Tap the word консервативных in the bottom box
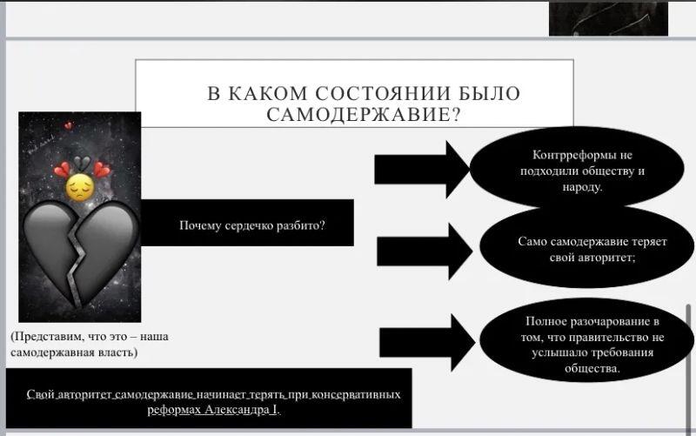(357, 394)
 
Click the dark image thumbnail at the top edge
(608, 17)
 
